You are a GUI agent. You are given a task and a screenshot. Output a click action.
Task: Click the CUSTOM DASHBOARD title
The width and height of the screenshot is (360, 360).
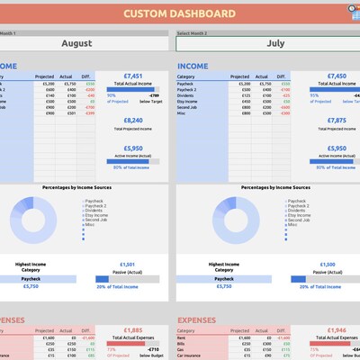point(179,14)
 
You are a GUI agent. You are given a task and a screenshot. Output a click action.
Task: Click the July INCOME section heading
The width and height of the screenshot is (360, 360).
point(193,66)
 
